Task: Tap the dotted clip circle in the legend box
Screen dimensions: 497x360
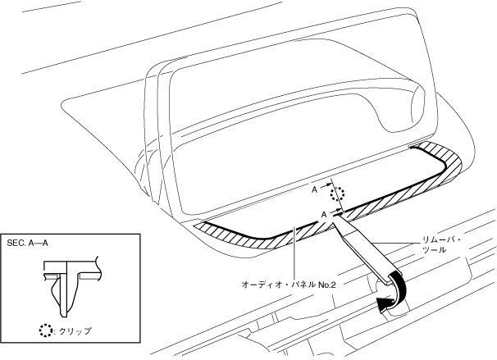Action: point(44,331)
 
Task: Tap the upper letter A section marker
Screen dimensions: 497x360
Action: point(314,189)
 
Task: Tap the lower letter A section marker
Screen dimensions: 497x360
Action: point(324,212)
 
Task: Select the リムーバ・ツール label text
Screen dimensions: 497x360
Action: point(431,244)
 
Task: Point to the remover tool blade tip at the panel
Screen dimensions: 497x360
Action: point(335,218)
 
